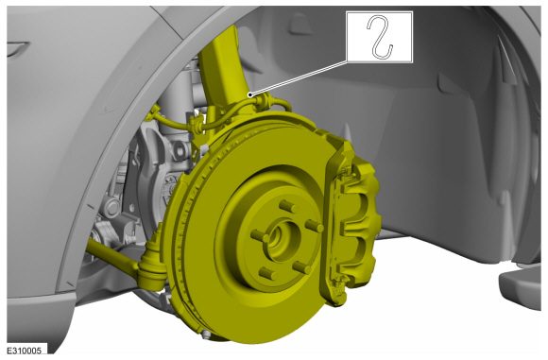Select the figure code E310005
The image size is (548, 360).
(x=25, y=351)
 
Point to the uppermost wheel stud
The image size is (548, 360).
(x=288, y=206)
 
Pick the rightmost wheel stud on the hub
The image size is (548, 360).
(x=315, y=226)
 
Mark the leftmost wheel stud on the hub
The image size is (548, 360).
(x=260, y=236)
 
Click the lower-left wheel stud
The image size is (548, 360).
(x=268, y=273)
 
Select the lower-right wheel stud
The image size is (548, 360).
(x=301, y=267)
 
